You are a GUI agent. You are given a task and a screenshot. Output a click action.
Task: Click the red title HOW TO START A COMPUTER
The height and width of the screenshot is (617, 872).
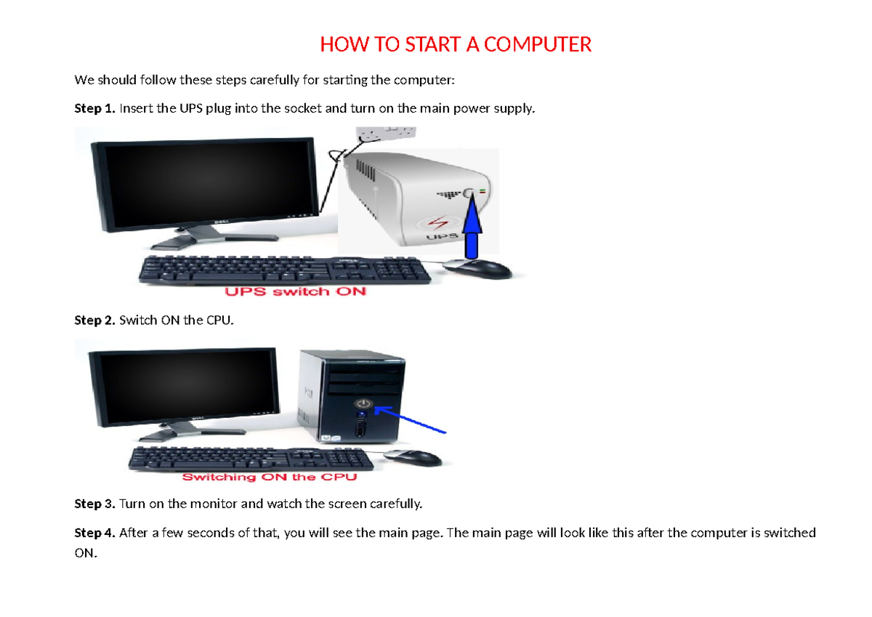click(456, 44)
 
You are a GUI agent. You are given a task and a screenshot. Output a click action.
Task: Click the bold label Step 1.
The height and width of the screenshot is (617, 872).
click(94, 108)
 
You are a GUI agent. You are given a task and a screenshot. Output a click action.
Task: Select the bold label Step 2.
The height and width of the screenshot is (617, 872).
click(94, 320)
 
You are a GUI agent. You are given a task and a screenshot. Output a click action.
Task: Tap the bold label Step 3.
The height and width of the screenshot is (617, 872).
click(94, 504)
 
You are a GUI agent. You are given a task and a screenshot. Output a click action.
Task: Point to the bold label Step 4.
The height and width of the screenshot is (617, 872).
click(94, 532)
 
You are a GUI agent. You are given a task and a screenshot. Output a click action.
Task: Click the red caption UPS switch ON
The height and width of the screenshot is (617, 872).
click(296, 291)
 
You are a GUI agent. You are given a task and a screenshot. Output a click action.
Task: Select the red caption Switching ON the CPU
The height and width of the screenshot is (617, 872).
click(270, 477)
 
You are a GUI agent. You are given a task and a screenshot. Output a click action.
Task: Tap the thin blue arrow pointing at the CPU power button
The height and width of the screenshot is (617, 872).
click(410, 419)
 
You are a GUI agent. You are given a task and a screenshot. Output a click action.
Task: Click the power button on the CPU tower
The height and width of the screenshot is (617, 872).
click(363, 403)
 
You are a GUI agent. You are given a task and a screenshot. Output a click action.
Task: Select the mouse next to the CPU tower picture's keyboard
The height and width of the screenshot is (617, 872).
click(413, 458)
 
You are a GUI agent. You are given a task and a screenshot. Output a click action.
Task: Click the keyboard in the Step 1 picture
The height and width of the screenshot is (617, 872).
click(285, 270)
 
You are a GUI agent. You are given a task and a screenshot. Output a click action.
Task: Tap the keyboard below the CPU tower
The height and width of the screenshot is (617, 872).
click(251, 459)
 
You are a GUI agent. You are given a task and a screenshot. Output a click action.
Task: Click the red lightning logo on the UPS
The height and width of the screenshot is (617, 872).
click(438, 223)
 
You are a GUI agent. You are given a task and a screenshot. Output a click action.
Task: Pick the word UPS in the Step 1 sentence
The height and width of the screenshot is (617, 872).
click(190, 108)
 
